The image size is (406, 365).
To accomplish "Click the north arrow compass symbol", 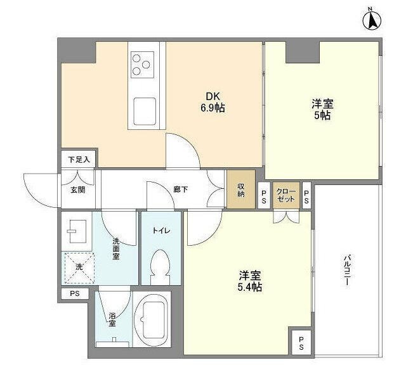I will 371,19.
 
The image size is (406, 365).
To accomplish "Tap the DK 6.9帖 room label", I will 213,102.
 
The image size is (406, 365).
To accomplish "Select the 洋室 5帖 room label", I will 322,109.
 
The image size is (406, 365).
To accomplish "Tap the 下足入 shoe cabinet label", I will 79,159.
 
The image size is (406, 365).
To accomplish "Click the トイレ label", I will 160,231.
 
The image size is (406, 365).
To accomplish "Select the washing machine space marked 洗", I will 79,267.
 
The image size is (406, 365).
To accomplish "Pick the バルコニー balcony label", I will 347,271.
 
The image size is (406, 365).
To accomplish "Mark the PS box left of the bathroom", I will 75,293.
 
